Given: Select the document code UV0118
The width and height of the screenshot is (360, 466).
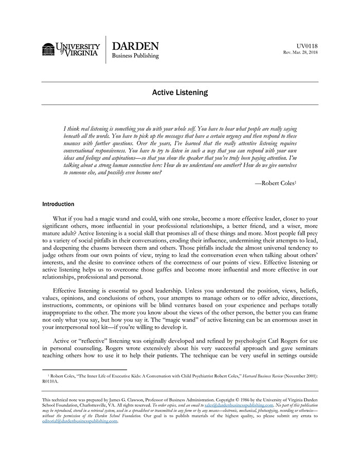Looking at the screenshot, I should pos(307,46).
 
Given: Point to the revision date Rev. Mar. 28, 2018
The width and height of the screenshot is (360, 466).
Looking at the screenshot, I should pos(300,52).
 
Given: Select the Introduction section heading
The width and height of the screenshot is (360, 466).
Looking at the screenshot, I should pos(58,204).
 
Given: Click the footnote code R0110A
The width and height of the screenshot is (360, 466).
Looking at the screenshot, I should pos(50,382).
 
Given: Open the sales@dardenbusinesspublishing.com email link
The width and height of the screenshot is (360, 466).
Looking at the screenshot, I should pos(239,405).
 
